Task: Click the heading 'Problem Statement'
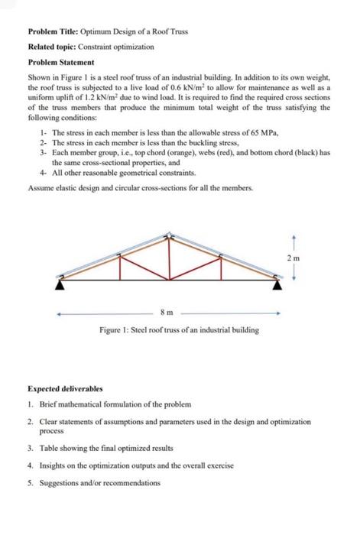tap(60, 61)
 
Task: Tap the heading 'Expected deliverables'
tap(65, 388)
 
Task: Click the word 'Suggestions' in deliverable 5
tap(58, 483)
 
